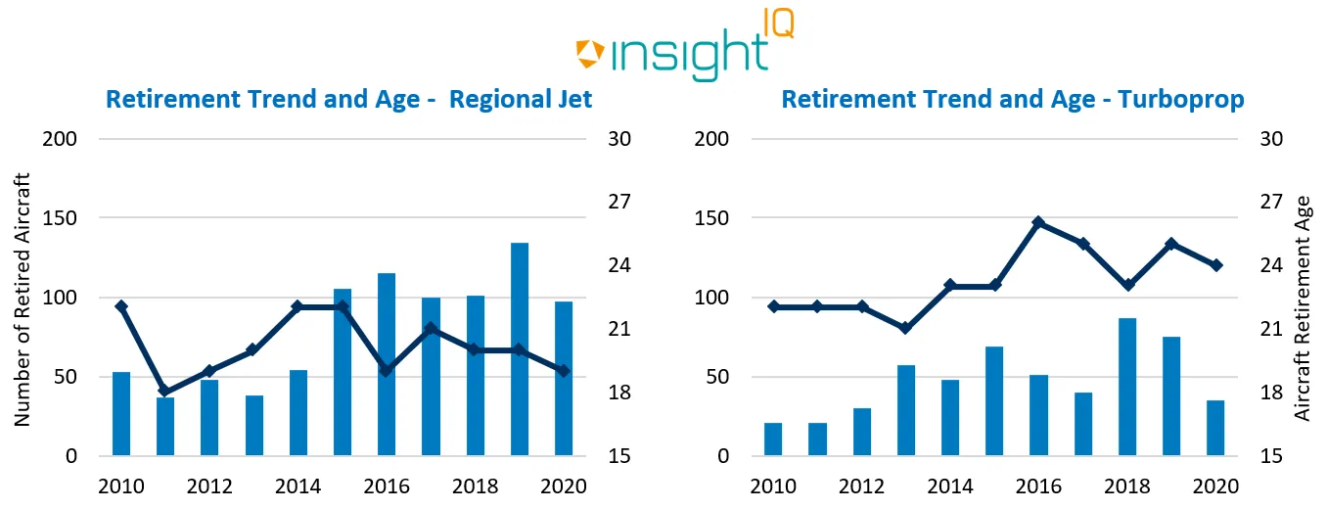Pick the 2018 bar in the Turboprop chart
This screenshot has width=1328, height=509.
coord(1126,387)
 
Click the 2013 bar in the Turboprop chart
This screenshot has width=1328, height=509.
coord(906,410)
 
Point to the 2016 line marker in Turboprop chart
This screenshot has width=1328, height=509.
coord(1038,223)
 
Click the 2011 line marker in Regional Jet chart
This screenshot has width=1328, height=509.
coord(165,392)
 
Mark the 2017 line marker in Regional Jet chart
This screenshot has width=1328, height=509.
coord(431,329)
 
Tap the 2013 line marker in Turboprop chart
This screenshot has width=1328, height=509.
coord(906,328)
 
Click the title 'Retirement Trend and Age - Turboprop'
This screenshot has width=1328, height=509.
coord(1013,100)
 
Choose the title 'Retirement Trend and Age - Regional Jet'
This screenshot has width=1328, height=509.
coord(348,100)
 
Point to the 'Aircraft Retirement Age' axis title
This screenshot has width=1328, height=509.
coord(1302,307)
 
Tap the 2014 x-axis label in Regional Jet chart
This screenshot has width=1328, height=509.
coord(298,486)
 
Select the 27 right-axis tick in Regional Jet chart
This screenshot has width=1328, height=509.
coord(614,203)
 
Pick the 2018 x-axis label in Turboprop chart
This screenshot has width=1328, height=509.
coord(1126,486)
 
